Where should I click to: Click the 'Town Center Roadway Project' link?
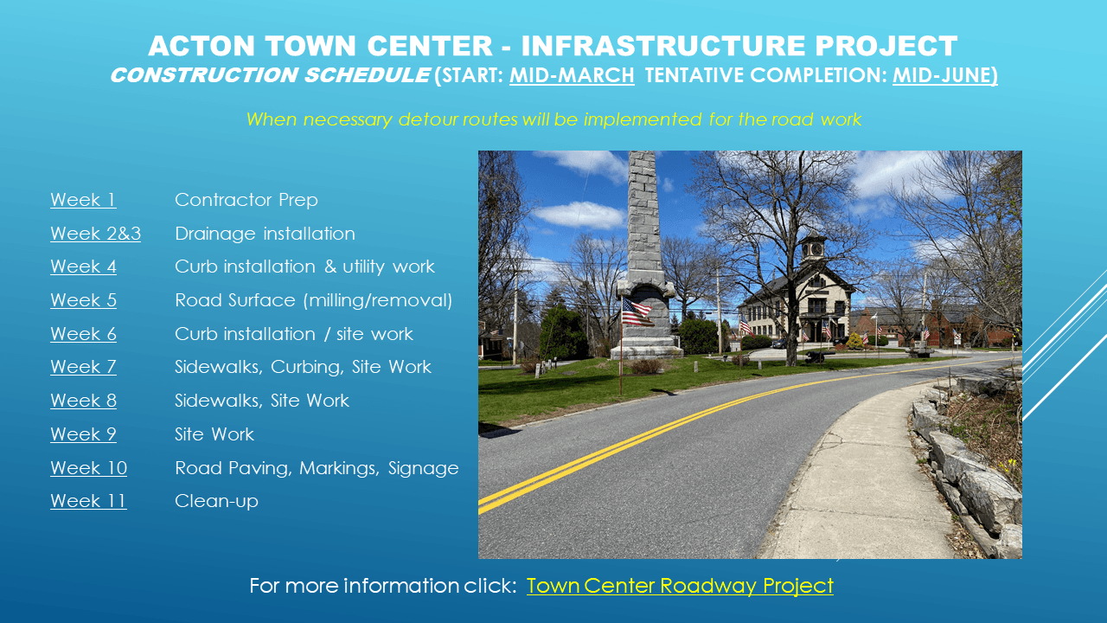[x=680, y=586]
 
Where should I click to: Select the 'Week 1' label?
[x=83, y=200]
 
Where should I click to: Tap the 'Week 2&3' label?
[x=95, y=234]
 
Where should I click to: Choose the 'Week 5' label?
[x=83, y=300]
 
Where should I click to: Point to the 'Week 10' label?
[x=88, y=468]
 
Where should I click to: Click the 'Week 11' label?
[x=88, y=501]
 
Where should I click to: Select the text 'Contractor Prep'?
[x=246, y=200]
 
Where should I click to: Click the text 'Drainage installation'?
[x=265, y=234]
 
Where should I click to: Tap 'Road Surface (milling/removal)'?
[x=313, y=300]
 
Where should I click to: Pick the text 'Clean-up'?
[x=216, y=501]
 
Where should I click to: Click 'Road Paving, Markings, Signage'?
[x=317, y=468]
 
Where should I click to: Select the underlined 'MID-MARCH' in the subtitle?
[x=572, y=75]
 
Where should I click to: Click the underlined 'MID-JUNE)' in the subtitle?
[x=944, y=75]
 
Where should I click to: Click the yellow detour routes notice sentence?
[x=553, y=119]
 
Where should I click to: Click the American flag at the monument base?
[x=636, y=311]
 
